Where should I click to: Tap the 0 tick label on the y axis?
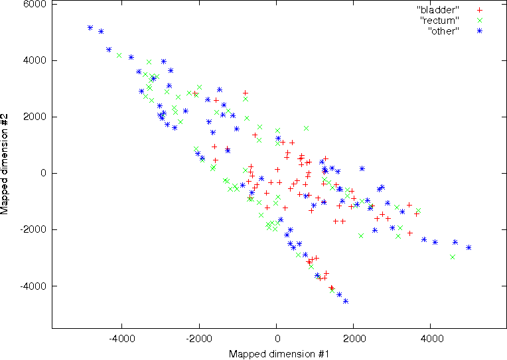tap(43, 174)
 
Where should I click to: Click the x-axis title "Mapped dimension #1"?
tap(279, 354)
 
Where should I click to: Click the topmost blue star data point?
tap(90, 28)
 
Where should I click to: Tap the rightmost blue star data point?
tap(469, 247)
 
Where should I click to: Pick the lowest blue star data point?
tap(346, 301)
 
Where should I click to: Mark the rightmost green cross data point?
tap(453, 257)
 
